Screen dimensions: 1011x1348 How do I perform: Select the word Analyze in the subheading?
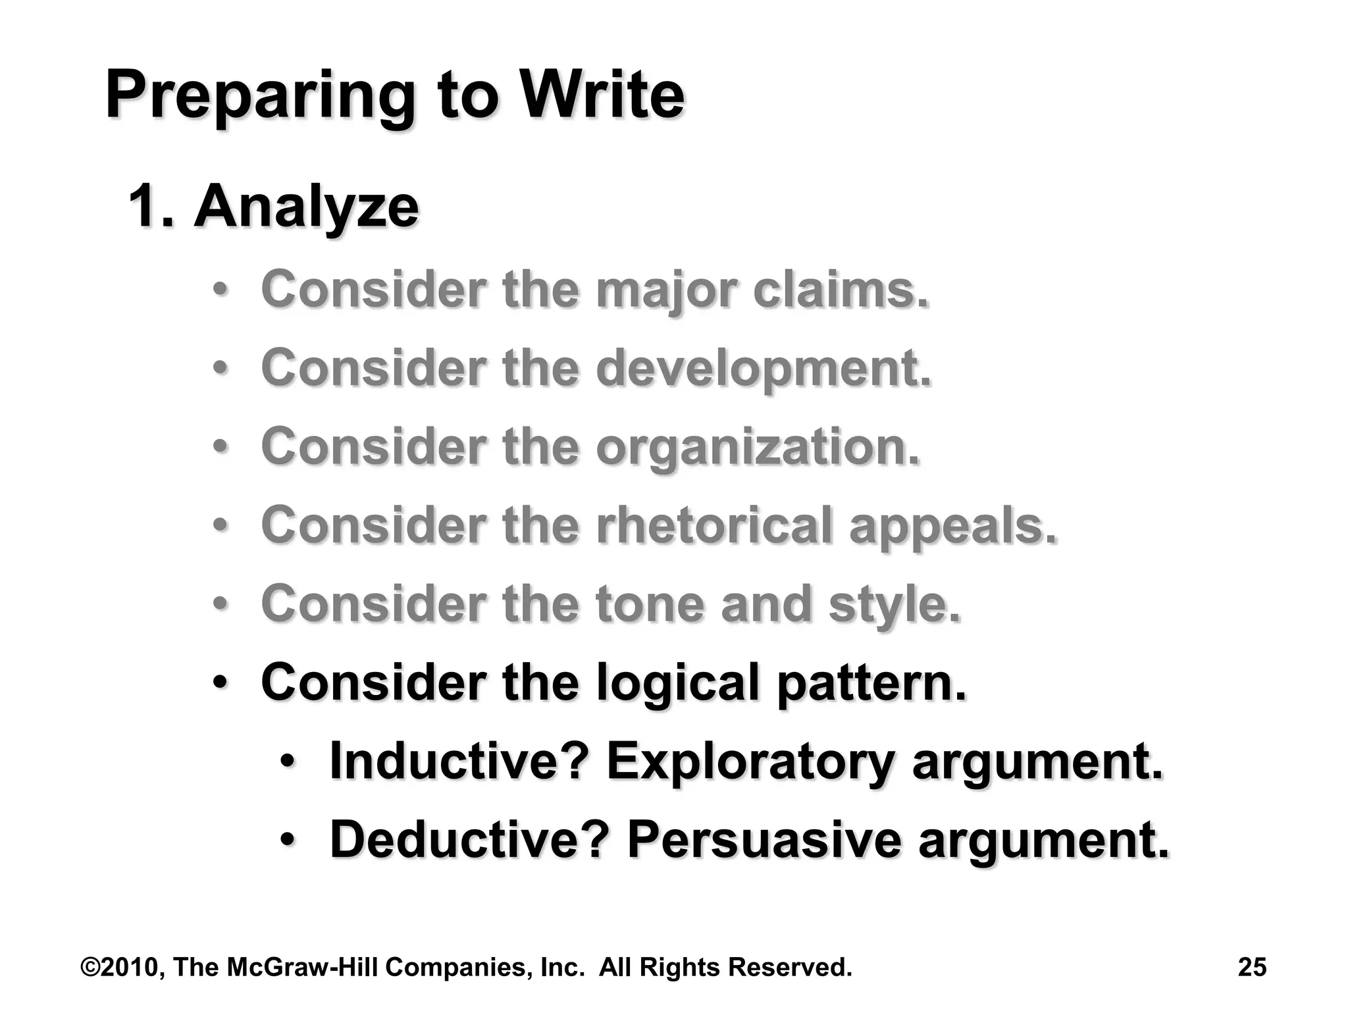click(x=306, y=207)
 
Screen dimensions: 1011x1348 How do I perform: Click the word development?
click(x=764, y=369)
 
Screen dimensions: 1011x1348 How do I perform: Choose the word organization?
click(x=758, y=447)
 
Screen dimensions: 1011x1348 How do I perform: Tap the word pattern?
click(x=871, y=683)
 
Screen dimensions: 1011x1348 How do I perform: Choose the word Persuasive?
click(x=764, y=839)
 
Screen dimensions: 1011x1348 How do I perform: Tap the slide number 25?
click(x=1252, y=967)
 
